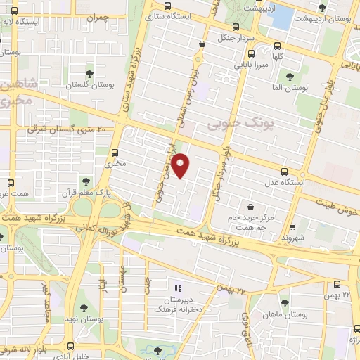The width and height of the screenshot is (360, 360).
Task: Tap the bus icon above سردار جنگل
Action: click(202, 44)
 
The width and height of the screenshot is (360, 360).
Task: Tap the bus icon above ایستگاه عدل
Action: click(284, 171)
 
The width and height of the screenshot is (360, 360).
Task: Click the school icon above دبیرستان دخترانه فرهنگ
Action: click(177, 288)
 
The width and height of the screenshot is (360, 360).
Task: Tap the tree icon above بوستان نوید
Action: click(84, 307)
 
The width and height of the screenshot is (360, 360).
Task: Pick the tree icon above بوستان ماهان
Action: click(284, 303)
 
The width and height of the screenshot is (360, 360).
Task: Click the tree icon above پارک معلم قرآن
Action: click(86, 181)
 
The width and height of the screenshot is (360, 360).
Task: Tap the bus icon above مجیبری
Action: click(115, 152)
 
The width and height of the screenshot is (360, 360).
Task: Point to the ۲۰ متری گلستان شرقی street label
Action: click(65, 129)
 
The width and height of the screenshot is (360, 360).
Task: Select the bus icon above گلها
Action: click(278, 44)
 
